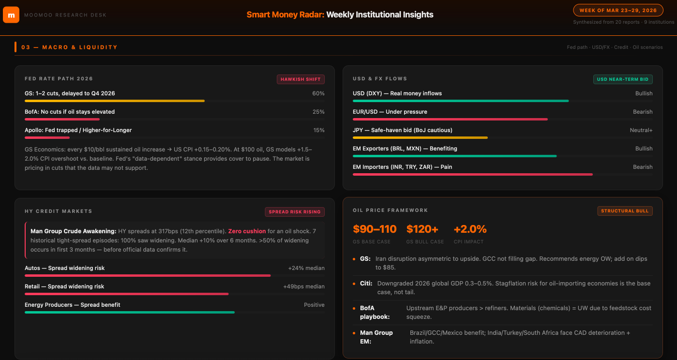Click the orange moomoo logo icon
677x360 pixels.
[x=11, y=15]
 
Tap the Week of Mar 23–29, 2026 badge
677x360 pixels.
[x=618, y=10]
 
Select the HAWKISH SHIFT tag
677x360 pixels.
[x=301, y=79]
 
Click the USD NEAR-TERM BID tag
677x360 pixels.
[x=623, y=79]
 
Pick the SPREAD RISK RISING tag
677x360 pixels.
[x=295, y=211]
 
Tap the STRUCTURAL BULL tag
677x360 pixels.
[x=625, y=210]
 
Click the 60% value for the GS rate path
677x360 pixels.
[x=318, y=93]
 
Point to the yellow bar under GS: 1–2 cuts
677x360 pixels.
[x=115, y=101]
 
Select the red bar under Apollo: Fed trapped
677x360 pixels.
[x=47, y=137]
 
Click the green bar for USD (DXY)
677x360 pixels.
[x=461, y=101]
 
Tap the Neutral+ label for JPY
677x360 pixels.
[x=641, y=130]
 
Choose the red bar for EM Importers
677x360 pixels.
[x=473, y=174]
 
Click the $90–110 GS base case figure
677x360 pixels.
[x=375, y=229]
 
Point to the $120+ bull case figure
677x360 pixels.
[x=422, y=229]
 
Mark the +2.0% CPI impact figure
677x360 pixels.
[x=470, y=229]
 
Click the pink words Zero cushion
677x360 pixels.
[x=247, y=231]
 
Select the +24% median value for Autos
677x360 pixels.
[x=306, y=268]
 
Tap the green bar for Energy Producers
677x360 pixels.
[x=130, y=312]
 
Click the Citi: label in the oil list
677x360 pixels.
[x=366, y=284]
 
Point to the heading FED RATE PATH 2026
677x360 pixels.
[x=59, y=78]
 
